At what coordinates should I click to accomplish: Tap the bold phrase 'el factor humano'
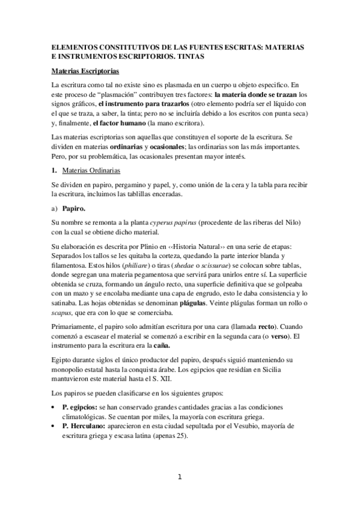(x=93, y=123)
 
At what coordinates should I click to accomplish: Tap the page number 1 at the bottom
(x=179, y=478)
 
